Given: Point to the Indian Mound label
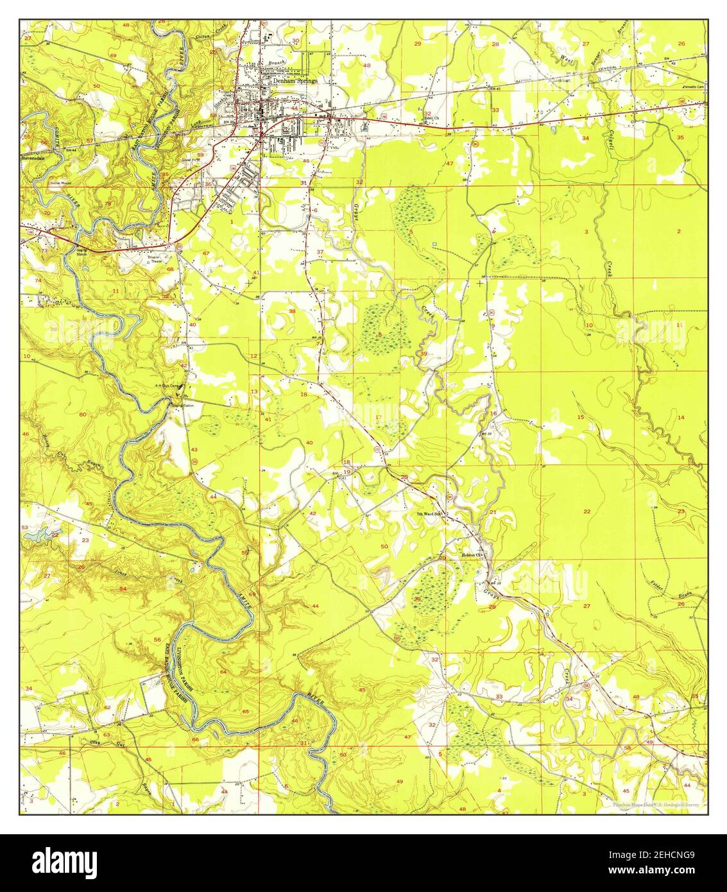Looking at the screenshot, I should click(60, 182).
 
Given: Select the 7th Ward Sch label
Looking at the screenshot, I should click(429, 514).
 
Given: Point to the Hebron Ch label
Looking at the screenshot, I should click(471, 555).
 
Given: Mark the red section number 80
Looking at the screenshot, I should click(82, 415).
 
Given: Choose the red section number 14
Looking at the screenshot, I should click(681, 418).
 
